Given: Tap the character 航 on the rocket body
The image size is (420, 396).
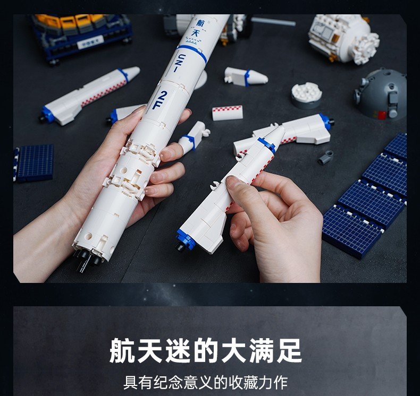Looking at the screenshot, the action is pos(200,23).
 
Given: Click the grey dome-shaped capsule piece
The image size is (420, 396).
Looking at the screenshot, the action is pos(380,94).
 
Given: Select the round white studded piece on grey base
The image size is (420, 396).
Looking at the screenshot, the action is pos(306,95).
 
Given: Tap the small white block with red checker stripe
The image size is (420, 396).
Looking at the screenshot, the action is pos(228,113).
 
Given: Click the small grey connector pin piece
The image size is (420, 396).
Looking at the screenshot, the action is pos(326,157).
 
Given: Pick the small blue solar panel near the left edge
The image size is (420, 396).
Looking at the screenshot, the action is pos(33,163).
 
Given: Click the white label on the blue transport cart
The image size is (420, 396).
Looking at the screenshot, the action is pos(90,42).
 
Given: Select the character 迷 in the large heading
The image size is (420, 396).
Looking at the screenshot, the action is pos(178,350).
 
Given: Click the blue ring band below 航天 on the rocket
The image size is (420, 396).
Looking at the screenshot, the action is pos(192,53).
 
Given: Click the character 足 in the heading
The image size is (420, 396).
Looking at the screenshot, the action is pos(289,350).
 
